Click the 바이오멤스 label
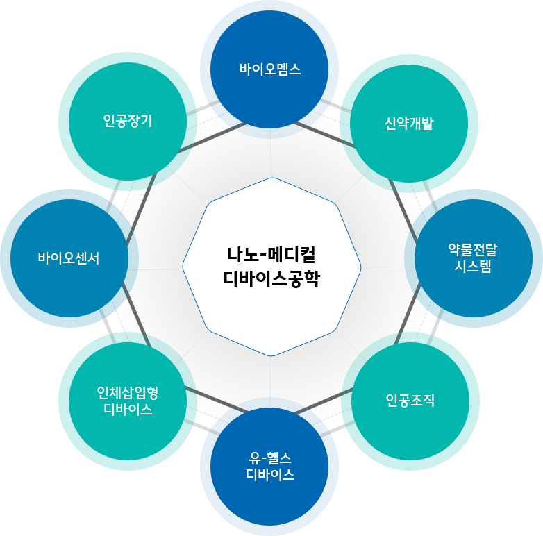pyautogui.click(x=269, y=69)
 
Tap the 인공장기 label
pyautogui.click(x=128, y=121)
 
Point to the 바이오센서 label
pyautogui.click(x=69, y=258)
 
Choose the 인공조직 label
pyautogui.click(x=410, y=400)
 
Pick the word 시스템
pyautogui.click(x=473, y=267)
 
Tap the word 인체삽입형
pyautogui.click(x=128, y=393)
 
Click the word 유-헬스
pyautogui.click(x=270, y=458)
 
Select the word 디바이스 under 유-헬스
pyautogui.click(x=270, y=476)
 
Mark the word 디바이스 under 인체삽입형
pyautogui.click(x=128, y=410)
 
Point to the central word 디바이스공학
pyautogui.click(x=271, y=279)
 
